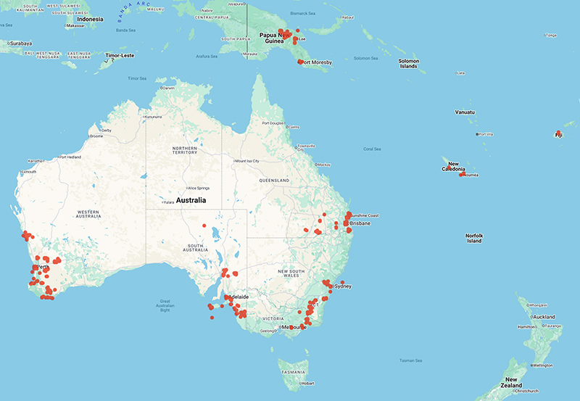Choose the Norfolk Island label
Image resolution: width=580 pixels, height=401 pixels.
click(x=474, y=238)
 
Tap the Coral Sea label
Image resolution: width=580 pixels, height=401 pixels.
click(x=372, y=149)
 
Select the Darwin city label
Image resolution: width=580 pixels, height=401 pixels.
click(x=169, y=88)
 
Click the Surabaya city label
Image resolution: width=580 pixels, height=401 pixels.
click(x=21, y=44)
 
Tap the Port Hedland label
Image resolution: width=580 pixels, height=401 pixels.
click(x=74, y=157)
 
